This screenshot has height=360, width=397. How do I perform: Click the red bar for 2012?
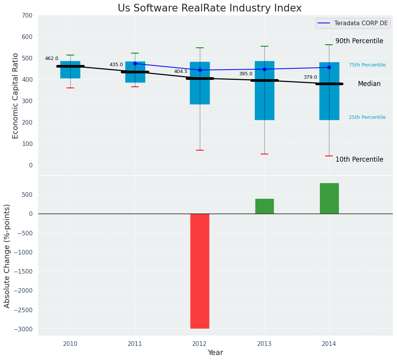199,271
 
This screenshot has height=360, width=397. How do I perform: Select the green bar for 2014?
329,198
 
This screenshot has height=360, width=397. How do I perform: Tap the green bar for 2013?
264,206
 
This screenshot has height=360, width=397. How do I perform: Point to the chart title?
209,8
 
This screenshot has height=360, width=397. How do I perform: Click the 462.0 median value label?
52,59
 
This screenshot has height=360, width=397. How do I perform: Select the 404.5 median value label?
181,72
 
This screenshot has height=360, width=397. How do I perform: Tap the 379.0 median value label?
310,78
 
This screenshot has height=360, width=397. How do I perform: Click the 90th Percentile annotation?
359,41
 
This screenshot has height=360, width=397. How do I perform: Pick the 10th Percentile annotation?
359,160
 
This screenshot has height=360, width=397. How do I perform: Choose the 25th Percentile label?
367,118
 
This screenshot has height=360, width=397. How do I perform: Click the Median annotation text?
369,84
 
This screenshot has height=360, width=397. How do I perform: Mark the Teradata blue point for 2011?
135,64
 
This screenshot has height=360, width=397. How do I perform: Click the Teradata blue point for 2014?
329,68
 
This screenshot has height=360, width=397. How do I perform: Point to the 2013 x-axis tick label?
264,344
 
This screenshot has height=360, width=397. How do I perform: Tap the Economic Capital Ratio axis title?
16,96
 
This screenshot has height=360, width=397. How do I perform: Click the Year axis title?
215,353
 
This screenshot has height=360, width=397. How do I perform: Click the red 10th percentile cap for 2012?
199,150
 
